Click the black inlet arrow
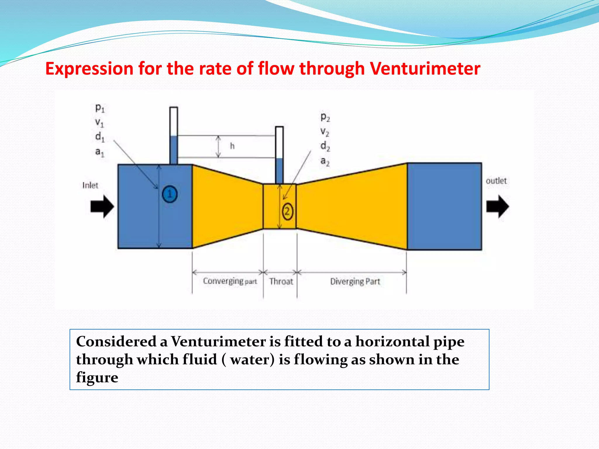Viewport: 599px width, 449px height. tap(102, 206)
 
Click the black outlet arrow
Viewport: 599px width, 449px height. tap(497, 206)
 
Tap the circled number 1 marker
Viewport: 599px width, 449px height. tap(170, 194)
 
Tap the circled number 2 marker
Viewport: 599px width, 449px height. tap(287, 211)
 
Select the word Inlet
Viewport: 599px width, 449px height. tap(90, 185)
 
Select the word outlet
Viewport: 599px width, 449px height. tap(496, 181)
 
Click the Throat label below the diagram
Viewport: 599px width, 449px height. tap(281, 282)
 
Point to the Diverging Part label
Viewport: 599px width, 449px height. tap(355, 282)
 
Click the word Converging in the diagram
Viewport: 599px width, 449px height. tap(223, 281)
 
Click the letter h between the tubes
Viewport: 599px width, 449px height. tap(232, 146)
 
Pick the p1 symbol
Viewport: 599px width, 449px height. tap(100, 108)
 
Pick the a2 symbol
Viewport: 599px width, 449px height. tap(325, 161)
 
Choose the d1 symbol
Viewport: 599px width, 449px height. tap(100, 137)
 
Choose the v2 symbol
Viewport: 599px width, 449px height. tap(325, 132)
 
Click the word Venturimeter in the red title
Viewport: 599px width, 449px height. tap(425, 69)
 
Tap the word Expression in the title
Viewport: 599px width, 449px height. tap(89, 69)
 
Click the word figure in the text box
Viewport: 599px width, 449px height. tap(97, 378)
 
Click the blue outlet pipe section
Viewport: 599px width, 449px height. tap(444, 206)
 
